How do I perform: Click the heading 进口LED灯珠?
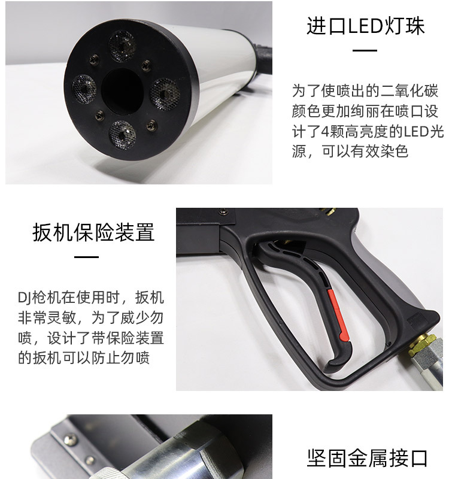(x=365, y=26)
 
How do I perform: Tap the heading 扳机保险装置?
(x=93, y=232)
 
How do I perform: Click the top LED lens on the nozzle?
(x=123, y=46)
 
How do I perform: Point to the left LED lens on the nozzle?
(x=84, y=89)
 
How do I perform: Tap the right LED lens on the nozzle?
(x=165, y=94)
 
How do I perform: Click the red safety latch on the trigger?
(x=338, y=316)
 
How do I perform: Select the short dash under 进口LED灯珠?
(x=365, y=50)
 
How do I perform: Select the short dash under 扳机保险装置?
(x=86, y=257)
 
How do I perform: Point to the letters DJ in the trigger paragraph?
(x=25, y=298)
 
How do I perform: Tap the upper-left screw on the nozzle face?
(x=94, y=59)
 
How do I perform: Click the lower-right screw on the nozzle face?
(x=151, y=125)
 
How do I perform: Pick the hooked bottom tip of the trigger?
(x=330, y=363)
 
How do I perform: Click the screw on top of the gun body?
(x=223, y=211)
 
